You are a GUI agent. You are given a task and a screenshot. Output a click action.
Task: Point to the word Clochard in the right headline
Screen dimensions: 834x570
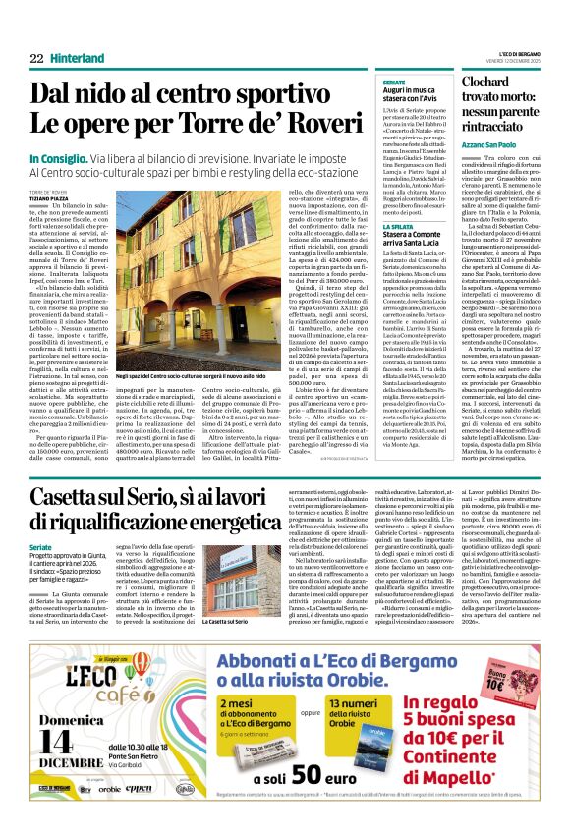476,85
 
